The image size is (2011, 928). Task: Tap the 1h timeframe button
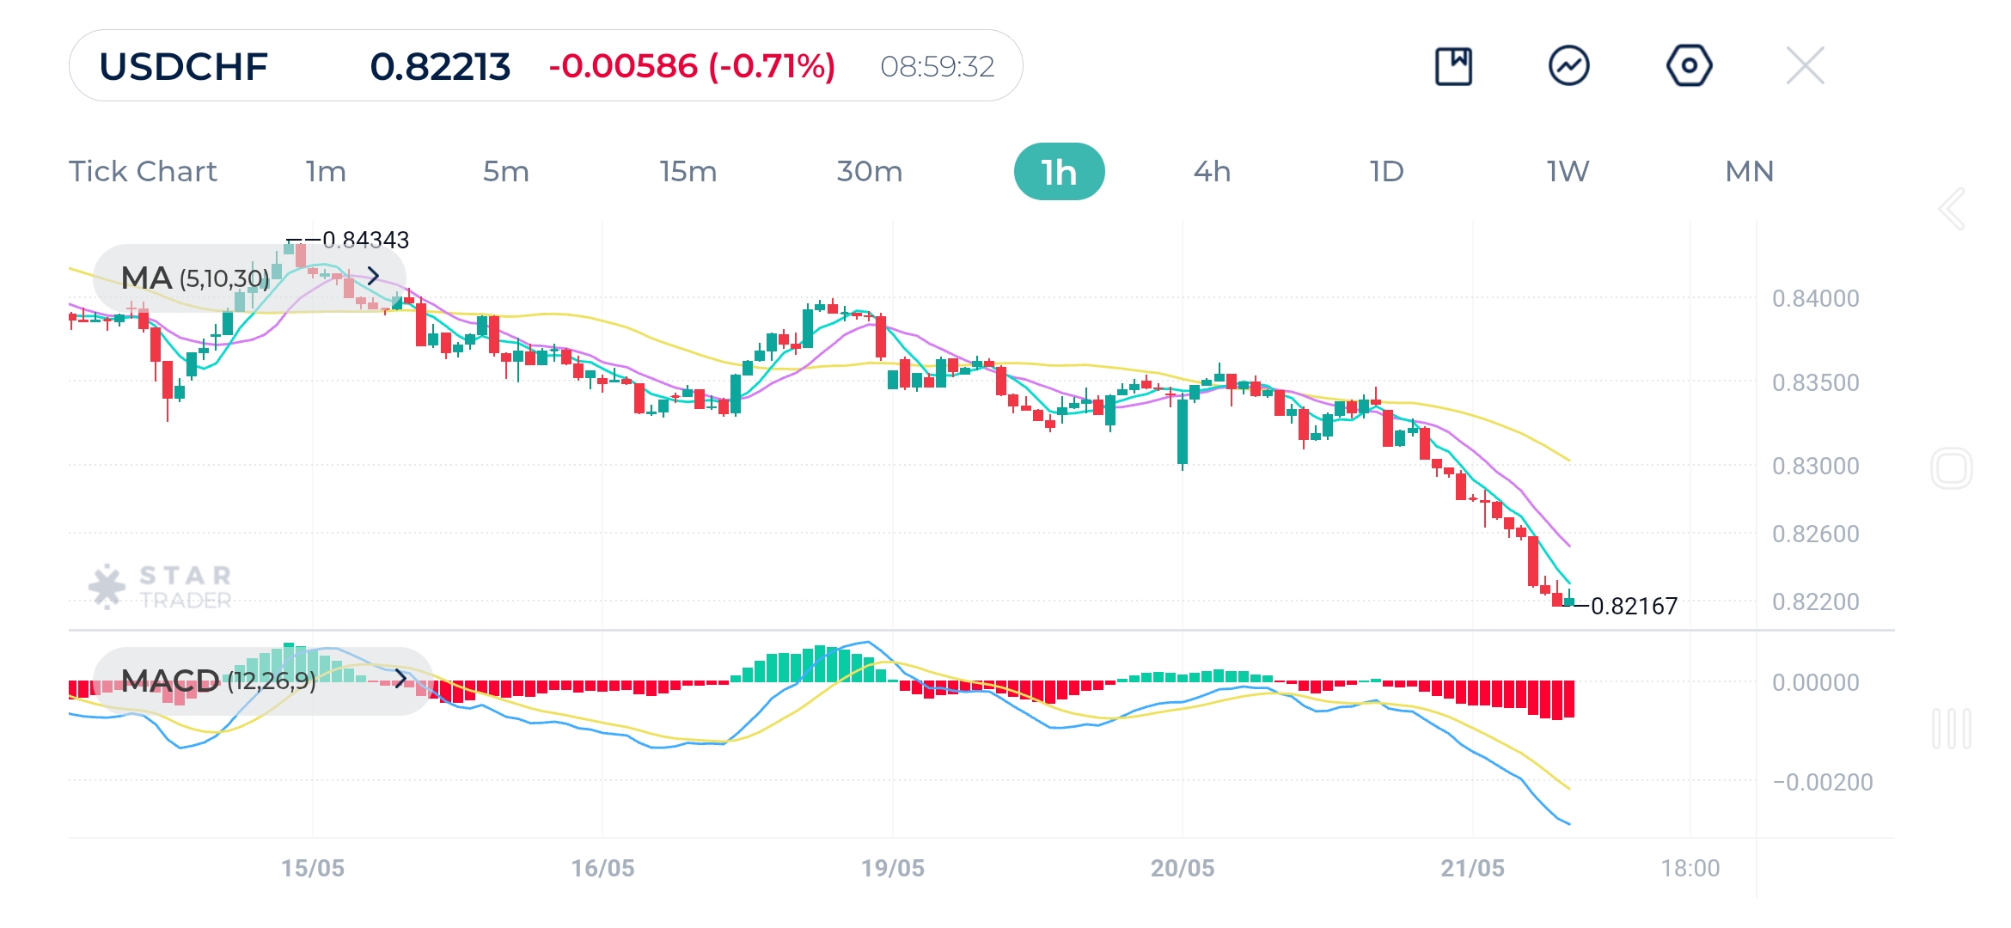click(1059, 172)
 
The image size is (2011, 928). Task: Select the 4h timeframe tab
click(1212, 172)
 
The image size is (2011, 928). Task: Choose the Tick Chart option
click(143, 172)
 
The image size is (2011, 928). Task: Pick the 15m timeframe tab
click(688, 172)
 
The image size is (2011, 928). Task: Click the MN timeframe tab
click(1749, 172)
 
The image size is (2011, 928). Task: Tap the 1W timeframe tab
click(1568, 172)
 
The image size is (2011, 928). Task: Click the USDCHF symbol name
click(183, 66)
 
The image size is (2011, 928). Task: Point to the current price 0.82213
click(440, 66)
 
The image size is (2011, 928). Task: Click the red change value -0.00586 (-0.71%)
click(692, 66)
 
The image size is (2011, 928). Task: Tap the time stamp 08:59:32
click(937, 66)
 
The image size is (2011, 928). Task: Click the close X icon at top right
click(1805, 65)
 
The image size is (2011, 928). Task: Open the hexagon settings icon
click(1689, 65)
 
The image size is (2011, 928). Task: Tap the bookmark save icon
click(1453, 65)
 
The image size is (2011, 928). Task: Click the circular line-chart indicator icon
click(1568, 65)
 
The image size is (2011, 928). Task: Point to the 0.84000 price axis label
click(1815, 298)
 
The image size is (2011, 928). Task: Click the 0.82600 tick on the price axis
click(1815, 534)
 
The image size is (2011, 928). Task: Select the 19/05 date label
click(893, 868)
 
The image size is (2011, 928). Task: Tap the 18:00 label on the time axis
click(1690, 868)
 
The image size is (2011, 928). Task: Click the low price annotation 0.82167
click(1634, 606)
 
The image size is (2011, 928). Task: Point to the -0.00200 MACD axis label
click(1822, 782)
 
